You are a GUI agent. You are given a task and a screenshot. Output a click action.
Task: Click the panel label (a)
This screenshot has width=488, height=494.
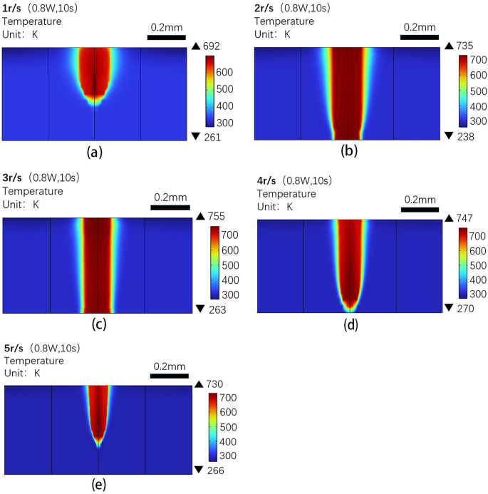click(x=97, y=153)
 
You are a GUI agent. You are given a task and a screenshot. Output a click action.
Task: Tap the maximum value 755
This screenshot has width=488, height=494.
click(x=217, y=217)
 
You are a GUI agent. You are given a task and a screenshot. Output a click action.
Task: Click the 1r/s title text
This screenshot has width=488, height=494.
click(x=12, y=8)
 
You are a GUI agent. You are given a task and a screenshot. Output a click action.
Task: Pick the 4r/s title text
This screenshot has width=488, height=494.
click(x=267, y=180)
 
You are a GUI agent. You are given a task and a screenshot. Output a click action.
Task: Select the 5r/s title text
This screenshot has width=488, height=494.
click(x=15, y=349)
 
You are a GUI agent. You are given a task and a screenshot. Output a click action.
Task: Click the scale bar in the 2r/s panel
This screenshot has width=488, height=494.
click(x=418, y=36)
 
